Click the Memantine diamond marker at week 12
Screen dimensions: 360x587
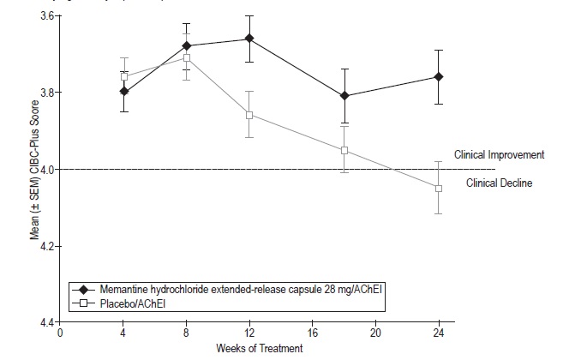coord(249,39)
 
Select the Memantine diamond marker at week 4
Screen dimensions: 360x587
coord(124,91)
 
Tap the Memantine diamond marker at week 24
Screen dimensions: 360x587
coord(438,77)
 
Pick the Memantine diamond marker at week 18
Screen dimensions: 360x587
coord(344,96)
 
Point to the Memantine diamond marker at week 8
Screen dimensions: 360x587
coord(186,45)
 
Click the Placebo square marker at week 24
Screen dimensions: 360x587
coord(438,188)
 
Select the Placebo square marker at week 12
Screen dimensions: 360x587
coord(249,115)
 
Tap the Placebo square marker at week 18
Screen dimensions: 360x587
coord(344,151)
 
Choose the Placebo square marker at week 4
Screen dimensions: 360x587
coord(124,76)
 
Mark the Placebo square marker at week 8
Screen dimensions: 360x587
coord(186,57)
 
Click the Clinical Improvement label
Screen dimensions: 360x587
coord(505,155)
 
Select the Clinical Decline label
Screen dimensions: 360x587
coord(500,183)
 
